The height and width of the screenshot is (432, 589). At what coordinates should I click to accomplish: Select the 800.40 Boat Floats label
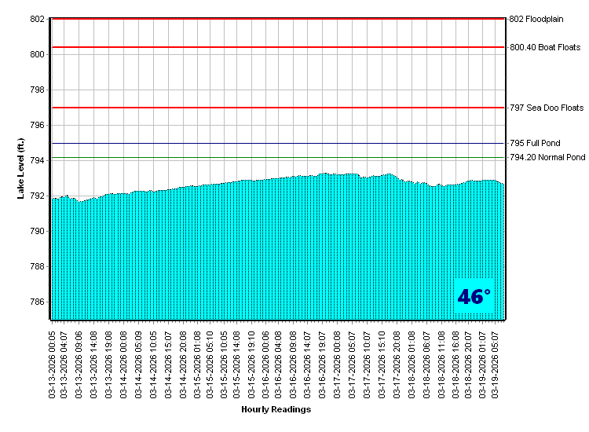pos(545,47)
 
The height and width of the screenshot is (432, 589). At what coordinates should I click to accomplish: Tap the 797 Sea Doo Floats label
pos(547,108)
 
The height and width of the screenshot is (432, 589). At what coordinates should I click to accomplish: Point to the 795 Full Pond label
pos(535,144)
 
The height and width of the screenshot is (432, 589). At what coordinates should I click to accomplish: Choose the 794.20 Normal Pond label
pos(547,158)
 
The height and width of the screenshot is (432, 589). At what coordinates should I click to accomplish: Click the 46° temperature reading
pos(474,297)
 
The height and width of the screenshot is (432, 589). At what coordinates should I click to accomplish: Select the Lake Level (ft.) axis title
pos(21,168)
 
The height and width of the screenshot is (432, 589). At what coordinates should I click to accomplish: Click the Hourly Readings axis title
pos(276,409)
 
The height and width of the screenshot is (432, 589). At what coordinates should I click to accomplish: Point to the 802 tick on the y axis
pos(37,19)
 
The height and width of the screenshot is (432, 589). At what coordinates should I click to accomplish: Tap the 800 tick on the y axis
pos(37,54)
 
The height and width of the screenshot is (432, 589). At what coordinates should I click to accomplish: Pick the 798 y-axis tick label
pos(37,90)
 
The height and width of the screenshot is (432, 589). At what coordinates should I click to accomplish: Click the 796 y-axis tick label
pos(37,125)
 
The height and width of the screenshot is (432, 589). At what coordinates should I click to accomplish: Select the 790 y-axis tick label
pos(37,231)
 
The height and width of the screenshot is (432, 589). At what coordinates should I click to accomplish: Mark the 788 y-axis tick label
pos(37,266)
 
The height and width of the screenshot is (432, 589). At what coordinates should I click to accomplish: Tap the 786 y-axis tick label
pos(37,302)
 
